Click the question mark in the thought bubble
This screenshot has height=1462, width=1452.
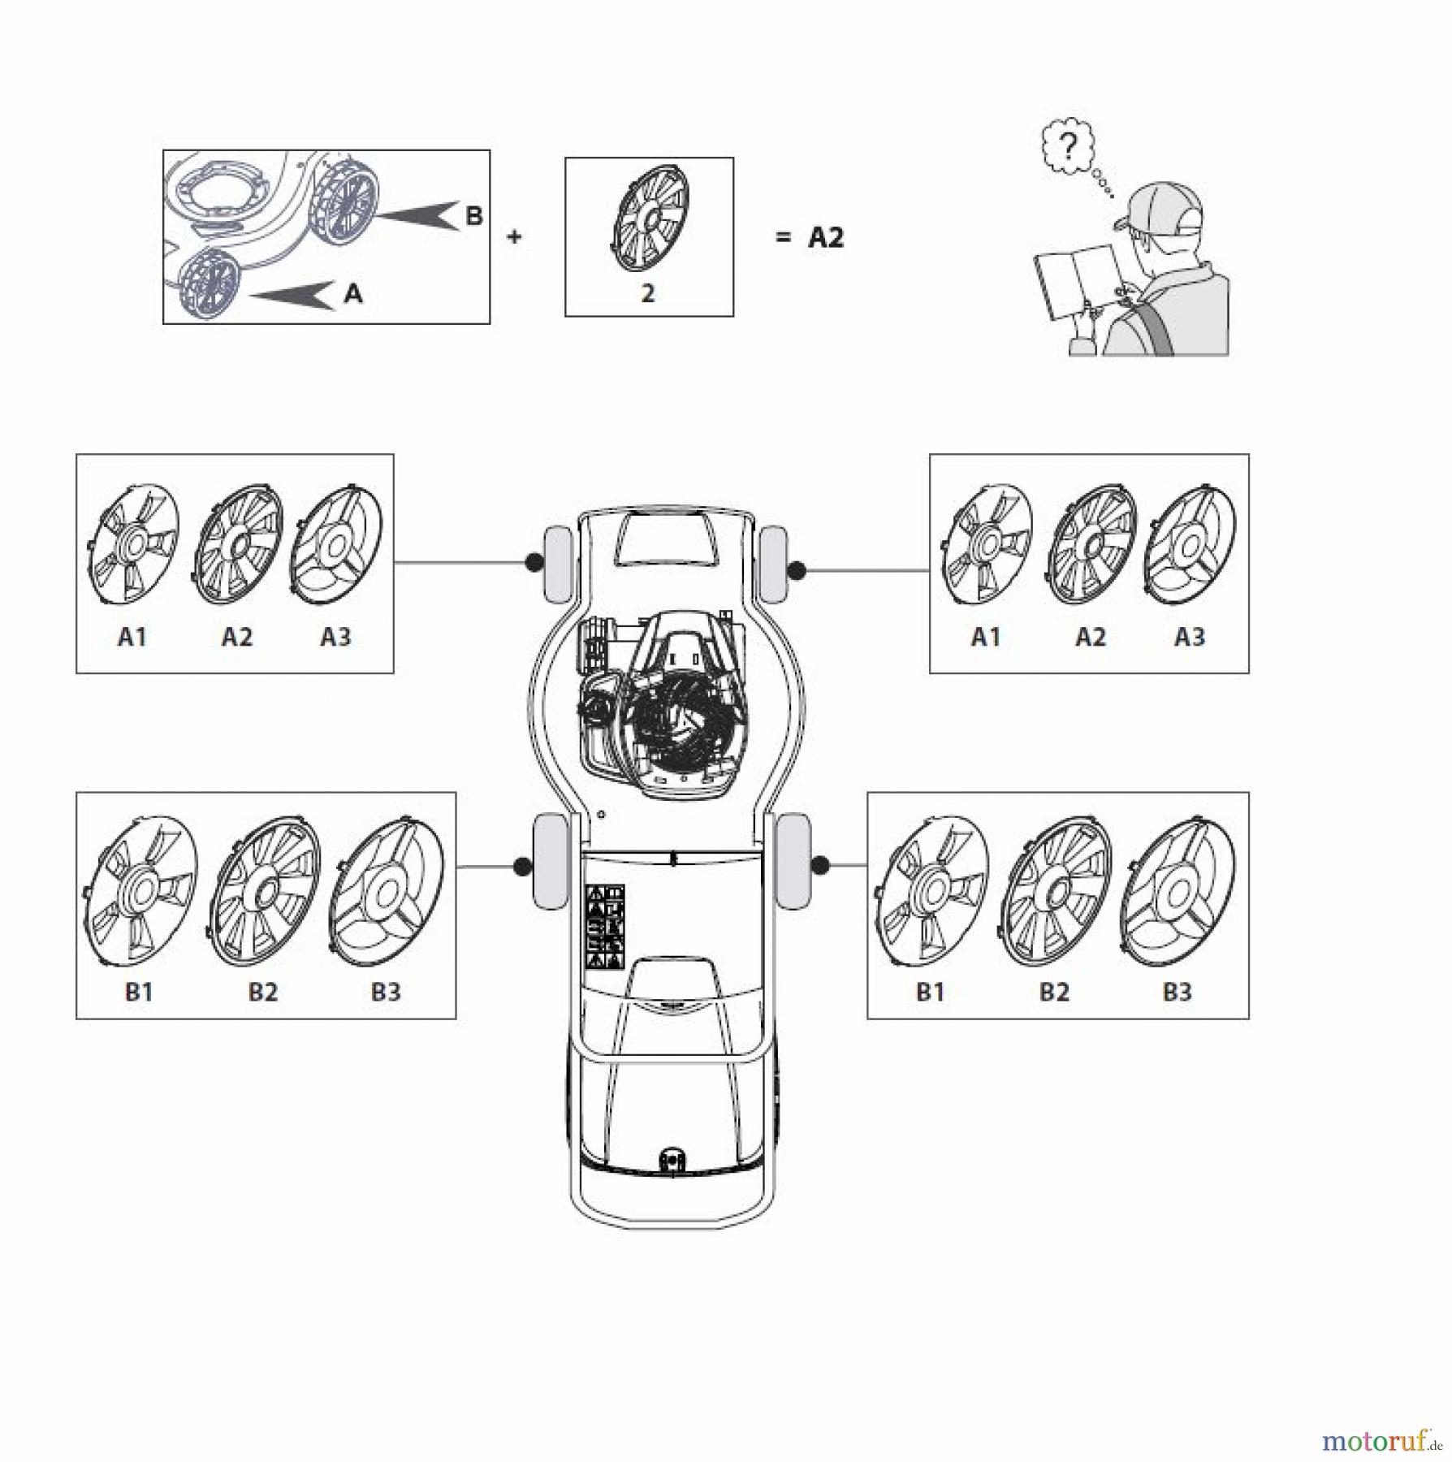point(1070,146)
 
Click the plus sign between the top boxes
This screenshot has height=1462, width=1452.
point(513,237)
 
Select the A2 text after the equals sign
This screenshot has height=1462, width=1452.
point(826,238)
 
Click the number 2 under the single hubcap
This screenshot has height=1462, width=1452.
point(647,293)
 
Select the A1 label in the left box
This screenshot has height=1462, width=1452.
point(132,637)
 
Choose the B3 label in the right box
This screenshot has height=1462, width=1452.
point(1177,992)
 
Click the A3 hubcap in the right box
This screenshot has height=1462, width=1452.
point(1190,545)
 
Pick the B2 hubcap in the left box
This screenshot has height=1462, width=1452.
point(265,892)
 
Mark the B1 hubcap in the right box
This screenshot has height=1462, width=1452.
point(931,892)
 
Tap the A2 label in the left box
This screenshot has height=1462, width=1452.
point(236,637)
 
